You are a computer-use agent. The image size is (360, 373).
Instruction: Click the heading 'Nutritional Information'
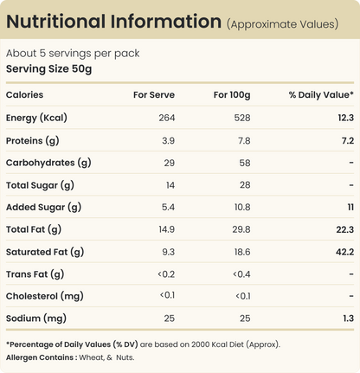click(x=113, y=22)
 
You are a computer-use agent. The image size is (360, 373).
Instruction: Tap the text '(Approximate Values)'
click(x=283, y=24)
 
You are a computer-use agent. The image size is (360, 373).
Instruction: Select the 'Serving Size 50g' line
click(x=48, y=69)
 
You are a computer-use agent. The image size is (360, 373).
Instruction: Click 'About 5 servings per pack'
click(x=73, y=54)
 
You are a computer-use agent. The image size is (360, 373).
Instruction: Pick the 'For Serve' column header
click(x=154, y=95)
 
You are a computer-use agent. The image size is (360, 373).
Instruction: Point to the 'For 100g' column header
click(x=232, y=95)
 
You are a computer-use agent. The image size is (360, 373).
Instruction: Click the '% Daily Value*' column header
click(x=321, y=95)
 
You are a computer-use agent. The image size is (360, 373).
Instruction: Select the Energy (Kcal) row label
click(x=36, y=118)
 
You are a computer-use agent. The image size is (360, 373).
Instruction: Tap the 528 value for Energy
click(x=242, y=118)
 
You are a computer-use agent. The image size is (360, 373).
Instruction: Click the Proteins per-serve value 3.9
click(x=168, y=140)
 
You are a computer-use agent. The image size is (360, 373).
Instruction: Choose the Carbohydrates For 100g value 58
click(x=245, y=163)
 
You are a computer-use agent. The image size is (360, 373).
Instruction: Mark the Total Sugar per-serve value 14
click(x=170, y=185)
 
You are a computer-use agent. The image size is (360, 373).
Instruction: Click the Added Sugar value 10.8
click(x=242, y=207)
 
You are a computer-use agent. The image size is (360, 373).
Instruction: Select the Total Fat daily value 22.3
click(x=345, y=229)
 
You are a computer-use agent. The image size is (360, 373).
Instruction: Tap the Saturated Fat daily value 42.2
click(x=344, y=252)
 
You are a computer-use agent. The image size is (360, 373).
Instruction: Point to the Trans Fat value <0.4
click(x=241, y=274)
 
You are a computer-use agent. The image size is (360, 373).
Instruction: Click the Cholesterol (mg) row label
click(x=45, y=296)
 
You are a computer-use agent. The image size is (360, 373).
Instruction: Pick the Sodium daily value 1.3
click(x=349, y=318)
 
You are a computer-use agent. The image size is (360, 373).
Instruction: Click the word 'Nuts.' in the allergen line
click(x=125, y=357)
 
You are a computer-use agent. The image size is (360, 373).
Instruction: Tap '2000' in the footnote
click(x=200, y=344)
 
